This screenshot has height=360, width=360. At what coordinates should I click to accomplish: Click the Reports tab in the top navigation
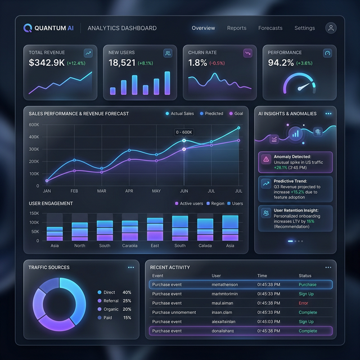point(236,28)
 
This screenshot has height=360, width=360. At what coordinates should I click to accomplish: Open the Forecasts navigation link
point(270,28)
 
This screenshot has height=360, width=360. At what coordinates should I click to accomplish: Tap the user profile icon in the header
point(331,28)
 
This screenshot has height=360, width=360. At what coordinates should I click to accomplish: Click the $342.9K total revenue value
point(46,63)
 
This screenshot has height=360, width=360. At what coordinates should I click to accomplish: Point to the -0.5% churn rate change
point(218,64)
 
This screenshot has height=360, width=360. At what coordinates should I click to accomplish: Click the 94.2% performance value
point(281,63)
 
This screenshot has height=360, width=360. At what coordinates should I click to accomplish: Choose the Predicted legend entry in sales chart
point(211,114)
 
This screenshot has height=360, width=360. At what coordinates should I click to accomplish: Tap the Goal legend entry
point(236,114)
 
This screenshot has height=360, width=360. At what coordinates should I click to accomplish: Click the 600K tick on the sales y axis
point(34,125)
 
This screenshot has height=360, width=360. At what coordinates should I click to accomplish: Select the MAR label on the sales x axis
point(101,191)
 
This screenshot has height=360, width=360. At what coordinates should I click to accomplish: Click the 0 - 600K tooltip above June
point(183,132)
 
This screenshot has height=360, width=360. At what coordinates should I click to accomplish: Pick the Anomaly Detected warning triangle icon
point(265,160)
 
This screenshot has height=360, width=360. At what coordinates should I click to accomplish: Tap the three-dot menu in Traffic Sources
point(131,268)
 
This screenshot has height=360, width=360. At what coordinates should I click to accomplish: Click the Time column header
point(262,276)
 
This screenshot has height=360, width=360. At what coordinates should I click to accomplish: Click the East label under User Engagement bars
point(155,246)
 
